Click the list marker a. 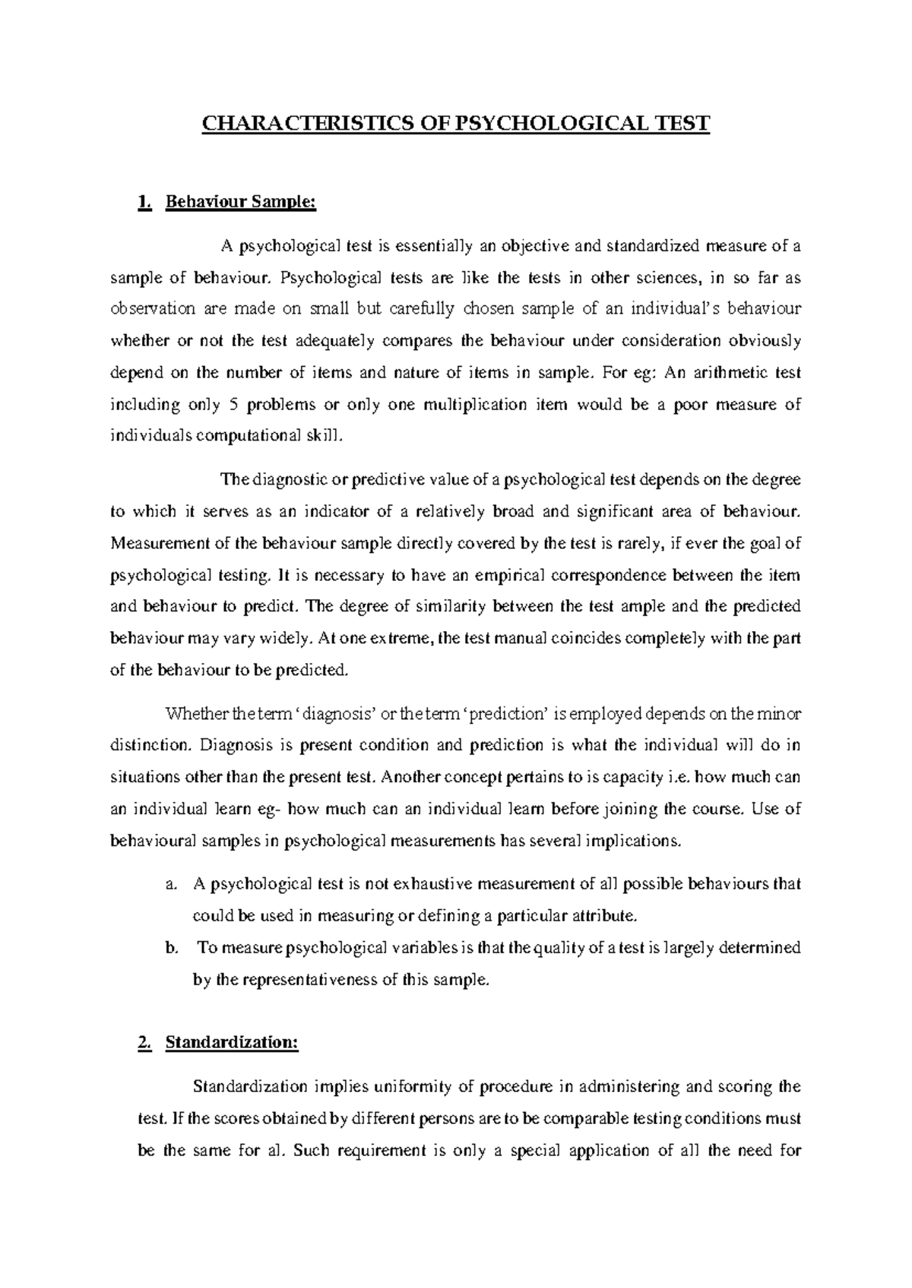tap(170, 884)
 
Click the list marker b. tap(171, 948)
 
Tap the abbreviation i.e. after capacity tap(678, 778)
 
